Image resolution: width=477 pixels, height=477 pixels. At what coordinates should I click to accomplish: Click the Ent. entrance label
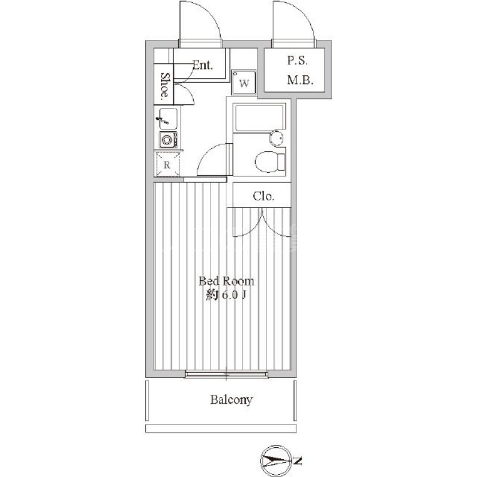tap(203, 65)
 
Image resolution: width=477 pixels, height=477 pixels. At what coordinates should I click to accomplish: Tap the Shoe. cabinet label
tap(165, 85)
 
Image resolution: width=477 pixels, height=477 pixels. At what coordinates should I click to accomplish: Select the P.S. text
tap(298, 61)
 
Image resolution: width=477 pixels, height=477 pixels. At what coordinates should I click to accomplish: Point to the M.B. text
tap(301, 80)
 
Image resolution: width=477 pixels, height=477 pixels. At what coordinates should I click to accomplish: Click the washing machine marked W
tap(244, 82)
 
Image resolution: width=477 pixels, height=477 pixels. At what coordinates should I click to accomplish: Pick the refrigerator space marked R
tap(167, 165)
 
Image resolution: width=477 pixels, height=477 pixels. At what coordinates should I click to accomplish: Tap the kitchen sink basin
tap(166, 119)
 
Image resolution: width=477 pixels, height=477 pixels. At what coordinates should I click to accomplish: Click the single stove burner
tap(168, 140)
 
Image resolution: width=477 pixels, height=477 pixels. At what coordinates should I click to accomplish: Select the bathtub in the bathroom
tap(259, 118)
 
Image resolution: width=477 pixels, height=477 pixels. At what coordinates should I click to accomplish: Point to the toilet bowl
tap(270, 162)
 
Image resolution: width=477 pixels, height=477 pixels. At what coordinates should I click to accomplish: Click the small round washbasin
tap(277, 138)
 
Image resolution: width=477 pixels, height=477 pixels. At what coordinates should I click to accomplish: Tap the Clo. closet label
tap(264, 196)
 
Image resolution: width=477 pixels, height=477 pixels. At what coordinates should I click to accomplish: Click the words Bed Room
tap(227, 281)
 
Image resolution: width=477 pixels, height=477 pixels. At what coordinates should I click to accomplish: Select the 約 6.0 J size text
tap(226, 295)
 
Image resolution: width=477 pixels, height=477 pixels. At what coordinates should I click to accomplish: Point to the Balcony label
tap(231, 399)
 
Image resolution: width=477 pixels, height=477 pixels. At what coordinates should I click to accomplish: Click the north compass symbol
tap(275, 461)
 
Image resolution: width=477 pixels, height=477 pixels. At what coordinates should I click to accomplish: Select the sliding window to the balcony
tap(227, 374)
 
